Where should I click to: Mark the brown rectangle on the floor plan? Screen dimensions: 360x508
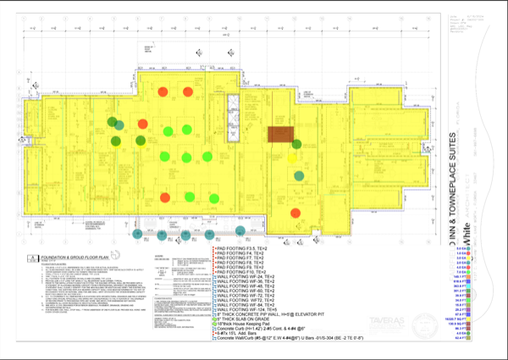coord(280,134)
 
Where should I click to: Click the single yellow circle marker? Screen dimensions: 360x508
coord(293,157)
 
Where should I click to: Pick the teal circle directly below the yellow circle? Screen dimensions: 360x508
coord(299,176)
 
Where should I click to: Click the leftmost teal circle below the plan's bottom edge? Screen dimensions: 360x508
coord(136,230)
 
